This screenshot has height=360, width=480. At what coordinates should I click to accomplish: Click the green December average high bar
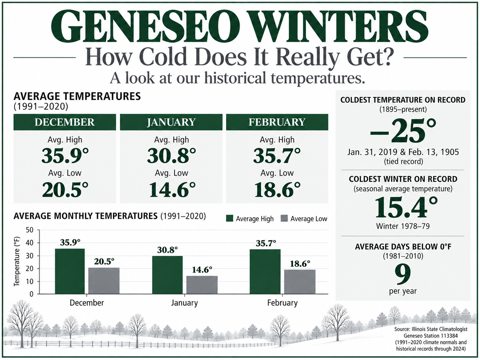coord(70,271)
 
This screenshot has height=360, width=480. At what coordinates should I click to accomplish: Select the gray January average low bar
coord(202,285)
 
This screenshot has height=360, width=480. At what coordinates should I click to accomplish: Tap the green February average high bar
coord(265,271)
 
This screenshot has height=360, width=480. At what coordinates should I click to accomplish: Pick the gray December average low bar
coord(104,281)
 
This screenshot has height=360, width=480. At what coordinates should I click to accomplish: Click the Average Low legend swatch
coord(284,218)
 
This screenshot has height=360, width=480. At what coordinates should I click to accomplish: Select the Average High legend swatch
coord(230,218)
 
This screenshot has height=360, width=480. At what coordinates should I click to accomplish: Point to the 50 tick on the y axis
coord(30,230)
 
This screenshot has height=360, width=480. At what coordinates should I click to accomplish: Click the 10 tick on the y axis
coord(30,281)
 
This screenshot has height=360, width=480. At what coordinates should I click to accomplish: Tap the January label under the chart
coord(184,303)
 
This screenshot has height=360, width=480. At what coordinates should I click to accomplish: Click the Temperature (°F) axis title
coord(16,261)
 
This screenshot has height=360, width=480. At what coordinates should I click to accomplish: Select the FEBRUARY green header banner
coord(277,122)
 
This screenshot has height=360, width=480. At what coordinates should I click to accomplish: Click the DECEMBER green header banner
coord(65,122)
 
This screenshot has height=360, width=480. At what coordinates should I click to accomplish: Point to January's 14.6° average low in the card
coord(172,189)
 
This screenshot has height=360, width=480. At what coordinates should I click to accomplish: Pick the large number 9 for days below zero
coord(403,274)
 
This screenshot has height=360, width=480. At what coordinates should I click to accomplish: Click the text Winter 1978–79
coord(403,226)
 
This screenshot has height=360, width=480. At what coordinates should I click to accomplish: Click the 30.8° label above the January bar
coord(167,250)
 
